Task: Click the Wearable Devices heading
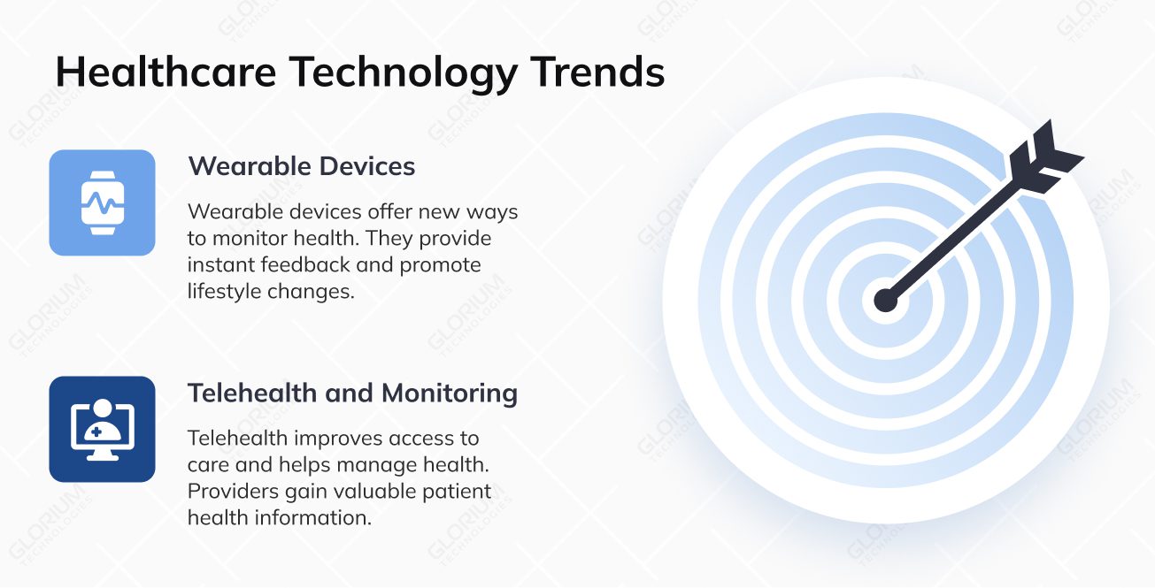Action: [x=301, y=165]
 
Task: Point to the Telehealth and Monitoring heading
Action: [x=352, y=393]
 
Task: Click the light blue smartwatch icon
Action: [x=102, y=202]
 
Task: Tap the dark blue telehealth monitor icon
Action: [x=102, y=429]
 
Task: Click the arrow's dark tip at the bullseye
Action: [x=885, y=300]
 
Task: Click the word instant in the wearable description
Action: [x=218, y=264]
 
